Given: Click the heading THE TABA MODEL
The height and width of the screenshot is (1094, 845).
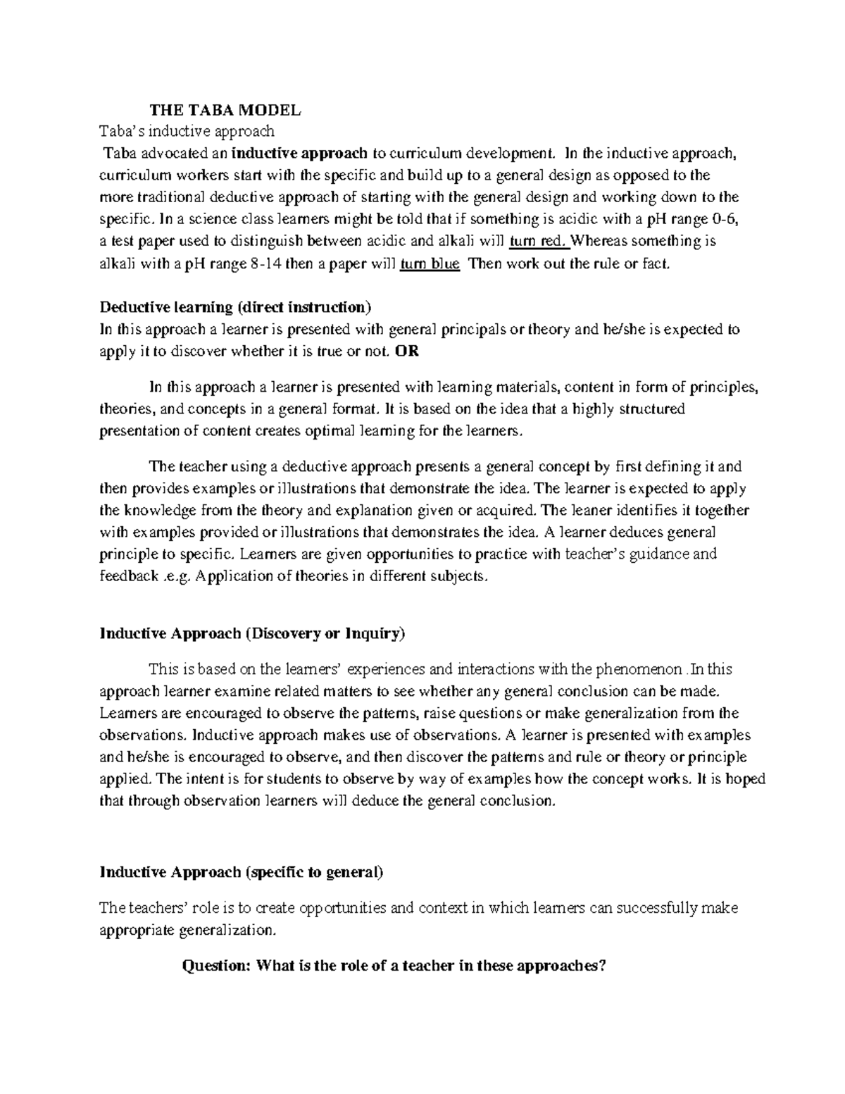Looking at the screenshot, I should click(x=225, y=110).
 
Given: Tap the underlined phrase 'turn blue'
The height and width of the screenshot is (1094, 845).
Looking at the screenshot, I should click(x=430, y=264).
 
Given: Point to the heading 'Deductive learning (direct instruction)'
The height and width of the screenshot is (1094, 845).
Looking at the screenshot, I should click(x=234, y=307).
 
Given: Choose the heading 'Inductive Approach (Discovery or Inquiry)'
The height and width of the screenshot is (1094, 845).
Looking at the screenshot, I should click(x=253, y=633).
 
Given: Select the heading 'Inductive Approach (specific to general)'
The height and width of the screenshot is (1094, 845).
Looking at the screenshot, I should click(x=242, y=873).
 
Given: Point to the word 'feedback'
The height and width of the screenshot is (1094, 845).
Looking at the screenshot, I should click(x=129, y=576).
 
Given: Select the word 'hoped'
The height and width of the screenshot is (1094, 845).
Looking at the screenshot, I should click(x=746, y=779).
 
